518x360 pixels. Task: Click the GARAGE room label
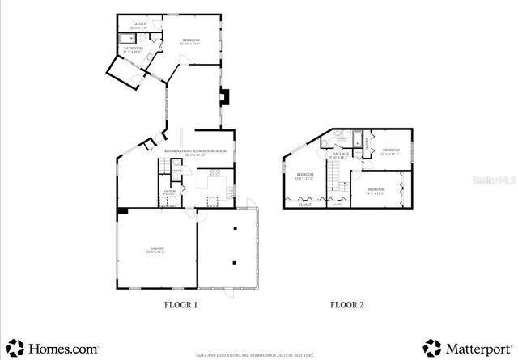click(155, 250)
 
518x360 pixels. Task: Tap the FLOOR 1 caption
click(180, 305)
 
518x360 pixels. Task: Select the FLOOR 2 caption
click(347, 305)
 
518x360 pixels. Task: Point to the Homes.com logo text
click(64, 349)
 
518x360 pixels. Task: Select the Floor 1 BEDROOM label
click(191, 40)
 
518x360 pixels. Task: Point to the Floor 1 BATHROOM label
click(134, 50)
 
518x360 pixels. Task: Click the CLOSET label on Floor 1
click(140, 24)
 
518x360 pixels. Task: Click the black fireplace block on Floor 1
click(226, 97)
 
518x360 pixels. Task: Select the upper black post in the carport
click(233, 228)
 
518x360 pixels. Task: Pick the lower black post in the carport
click(233, 262)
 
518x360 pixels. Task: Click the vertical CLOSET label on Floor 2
click(366, 146)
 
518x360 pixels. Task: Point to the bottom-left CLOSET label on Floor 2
click(304, 205)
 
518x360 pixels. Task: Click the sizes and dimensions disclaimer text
click(259, 354)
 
